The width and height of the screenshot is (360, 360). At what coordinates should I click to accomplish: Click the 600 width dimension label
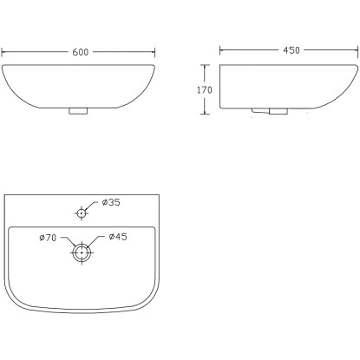tap(80, 52)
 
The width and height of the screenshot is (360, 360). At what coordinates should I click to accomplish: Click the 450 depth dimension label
tap(291, 50)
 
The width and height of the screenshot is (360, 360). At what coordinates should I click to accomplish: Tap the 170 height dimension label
tap(205, 90)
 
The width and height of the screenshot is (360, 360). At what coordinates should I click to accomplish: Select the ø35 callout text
tap(111, 202)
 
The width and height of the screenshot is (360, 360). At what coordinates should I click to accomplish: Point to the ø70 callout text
tap(48, 238)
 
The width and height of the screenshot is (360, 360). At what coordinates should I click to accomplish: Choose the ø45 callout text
tap(118, 237)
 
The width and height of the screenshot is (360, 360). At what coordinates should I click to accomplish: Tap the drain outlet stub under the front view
tap(78, 111)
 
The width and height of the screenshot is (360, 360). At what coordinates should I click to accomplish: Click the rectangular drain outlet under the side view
tap(278, 111)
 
